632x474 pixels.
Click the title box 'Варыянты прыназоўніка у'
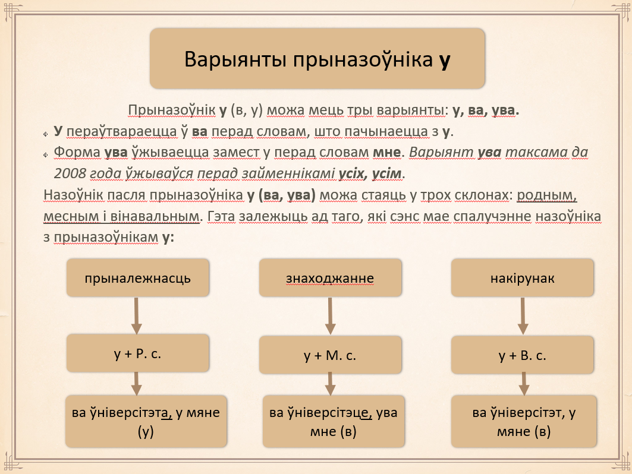[x=317, y=58]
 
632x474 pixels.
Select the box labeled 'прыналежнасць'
[x=138, y=278]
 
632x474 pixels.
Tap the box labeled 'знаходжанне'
[x=330, y=278]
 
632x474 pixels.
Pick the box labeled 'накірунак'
[x=523, y=278]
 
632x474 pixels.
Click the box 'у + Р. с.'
[x=138, y=353]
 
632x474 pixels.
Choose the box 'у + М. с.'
[x=330, y=355]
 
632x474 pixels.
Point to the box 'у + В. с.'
[x=523, y=355]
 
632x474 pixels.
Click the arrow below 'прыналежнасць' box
[x=137, y=316]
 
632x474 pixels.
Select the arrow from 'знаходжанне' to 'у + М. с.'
[x=330, y=316]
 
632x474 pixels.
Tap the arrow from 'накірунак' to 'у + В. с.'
[x=523, y=316]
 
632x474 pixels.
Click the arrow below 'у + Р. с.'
[x=137, y=384]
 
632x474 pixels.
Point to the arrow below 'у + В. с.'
[x=524, y=384]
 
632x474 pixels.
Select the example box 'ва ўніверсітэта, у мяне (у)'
[x=146, y=421]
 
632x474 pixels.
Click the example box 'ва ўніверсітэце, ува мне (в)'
[x=334, y=421]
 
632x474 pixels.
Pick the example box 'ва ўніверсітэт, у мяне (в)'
[x=524, y=421]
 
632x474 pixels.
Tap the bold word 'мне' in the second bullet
[x=386, y=152]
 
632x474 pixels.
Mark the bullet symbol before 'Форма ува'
[x=46, y=155]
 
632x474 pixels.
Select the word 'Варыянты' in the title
[x=235, y=59]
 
